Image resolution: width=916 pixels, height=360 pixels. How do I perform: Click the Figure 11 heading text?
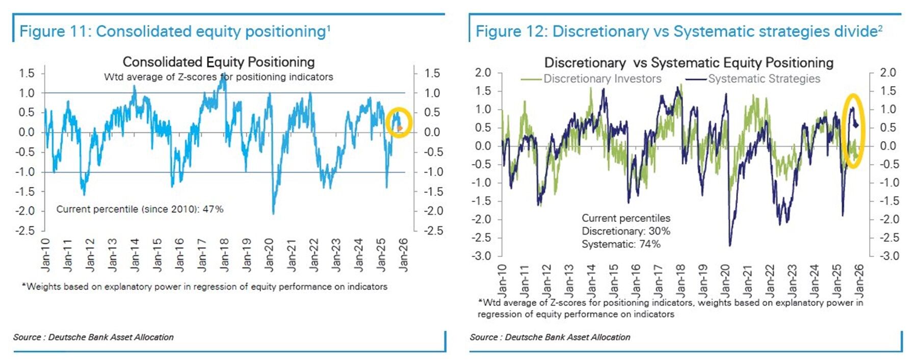coord(174,32)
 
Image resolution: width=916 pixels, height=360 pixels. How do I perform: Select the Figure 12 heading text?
coord(678,32)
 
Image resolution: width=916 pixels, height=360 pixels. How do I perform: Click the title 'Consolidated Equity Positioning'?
coord(219,62)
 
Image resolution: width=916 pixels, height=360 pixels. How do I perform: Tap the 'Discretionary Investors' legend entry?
coord(602,79)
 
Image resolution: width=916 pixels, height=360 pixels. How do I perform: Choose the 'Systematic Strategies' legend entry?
coord(764,79)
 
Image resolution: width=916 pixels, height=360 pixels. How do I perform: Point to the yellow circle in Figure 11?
coord(399,122)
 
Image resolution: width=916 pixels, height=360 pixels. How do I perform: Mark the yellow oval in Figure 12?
coord(853,131)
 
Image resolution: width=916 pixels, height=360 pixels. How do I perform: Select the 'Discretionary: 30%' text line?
coord(625,231)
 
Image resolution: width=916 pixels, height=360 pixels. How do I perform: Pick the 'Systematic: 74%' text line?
coord(621,244)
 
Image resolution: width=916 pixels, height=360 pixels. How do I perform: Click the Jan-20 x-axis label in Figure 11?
coord(269,254)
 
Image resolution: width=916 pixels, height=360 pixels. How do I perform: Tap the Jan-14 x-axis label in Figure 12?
coord(591,280)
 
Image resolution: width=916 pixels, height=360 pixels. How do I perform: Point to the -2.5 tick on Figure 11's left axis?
coord(25,230)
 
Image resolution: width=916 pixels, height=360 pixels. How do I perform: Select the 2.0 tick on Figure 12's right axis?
coord(887,72)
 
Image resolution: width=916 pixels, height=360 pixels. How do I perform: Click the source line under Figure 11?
coord(93,337)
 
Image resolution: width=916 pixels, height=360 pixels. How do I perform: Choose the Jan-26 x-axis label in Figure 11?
coord(403,254)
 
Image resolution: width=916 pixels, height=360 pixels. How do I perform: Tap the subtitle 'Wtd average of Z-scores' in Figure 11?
coord(218,77)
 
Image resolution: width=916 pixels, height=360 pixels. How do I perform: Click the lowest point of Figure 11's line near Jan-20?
coord(273,214)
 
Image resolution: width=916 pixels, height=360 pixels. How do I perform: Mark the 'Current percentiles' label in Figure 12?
coord(625,218)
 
